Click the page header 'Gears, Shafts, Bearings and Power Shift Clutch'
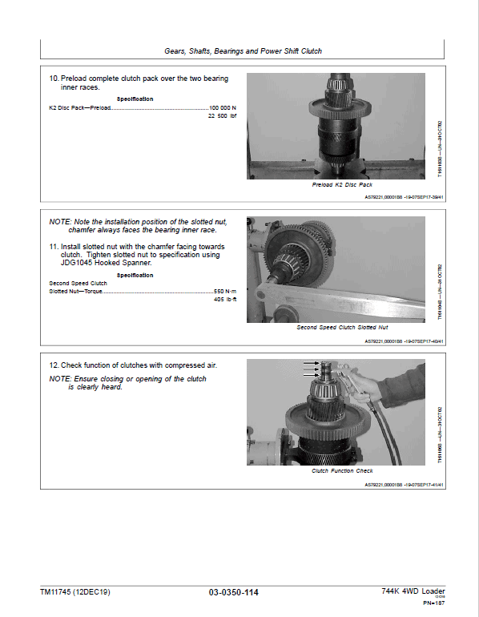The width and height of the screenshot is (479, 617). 243,50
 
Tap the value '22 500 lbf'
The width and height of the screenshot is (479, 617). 222,116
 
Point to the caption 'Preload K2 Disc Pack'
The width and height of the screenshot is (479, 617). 342,184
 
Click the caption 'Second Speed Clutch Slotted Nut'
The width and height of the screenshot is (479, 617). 342,328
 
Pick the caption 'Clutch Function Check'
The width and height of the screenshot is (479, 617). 342,471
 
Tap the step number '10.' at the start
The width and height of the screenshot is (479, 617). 54,79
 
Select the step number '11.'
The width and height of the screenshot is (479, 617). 54,247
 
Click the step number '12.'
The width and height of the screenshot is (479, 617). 54,365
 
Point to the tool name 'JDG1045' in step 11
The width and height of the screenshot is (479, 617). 65,264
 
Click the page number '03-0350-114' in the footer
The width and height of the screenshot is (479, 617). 234,593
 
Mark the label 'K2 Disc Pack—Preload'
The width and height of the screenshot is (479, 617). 80,107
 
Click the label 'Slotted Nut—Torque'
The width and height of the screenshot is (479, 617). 77,291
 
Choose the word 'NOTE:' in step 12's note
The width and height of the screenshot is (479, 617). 60,378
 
